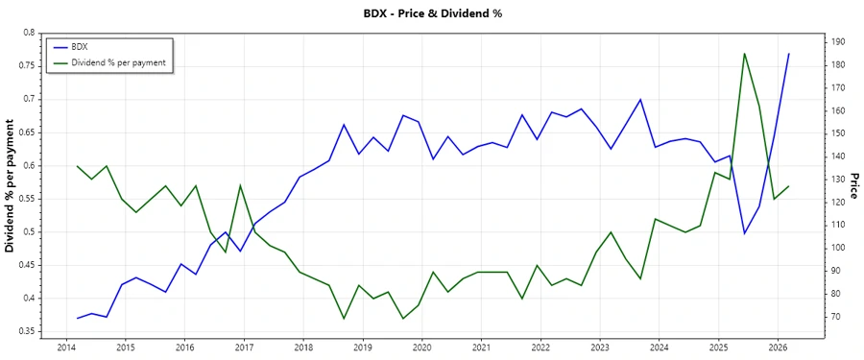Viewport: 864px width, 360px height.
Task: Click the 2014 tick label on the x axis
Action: [66, 347]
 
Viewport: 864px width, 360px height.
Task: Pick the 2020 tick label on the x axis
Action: [422, 347]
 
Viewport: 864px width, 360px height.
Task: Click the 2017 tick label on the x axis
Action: [244, 347]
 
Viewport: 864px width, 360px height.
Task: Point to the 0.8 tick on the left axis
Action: [27, 33]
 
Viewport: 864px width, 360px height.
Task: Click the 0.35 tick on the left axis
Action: [24, 332]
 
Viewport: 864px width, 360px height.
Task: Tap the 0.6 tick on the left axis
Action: [27, 166]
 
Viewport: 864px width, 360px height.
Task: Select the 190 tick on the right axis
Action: [838, 42]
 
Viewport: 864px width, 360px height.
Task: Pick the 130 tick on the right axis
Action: [838, 180]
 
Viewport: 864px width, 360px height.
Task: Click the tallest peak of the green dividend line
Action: [744, 54]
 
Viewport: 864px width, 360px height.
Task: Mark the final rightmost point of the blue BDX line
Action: [789, 54]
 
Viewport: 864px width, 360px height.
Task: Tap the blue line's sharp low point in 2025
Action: [744, 233]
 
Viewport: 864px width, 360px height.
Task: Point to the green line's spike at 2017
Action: [240, 185]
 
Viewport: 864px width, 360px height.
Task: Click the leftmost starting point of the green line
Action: [77, 166]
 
